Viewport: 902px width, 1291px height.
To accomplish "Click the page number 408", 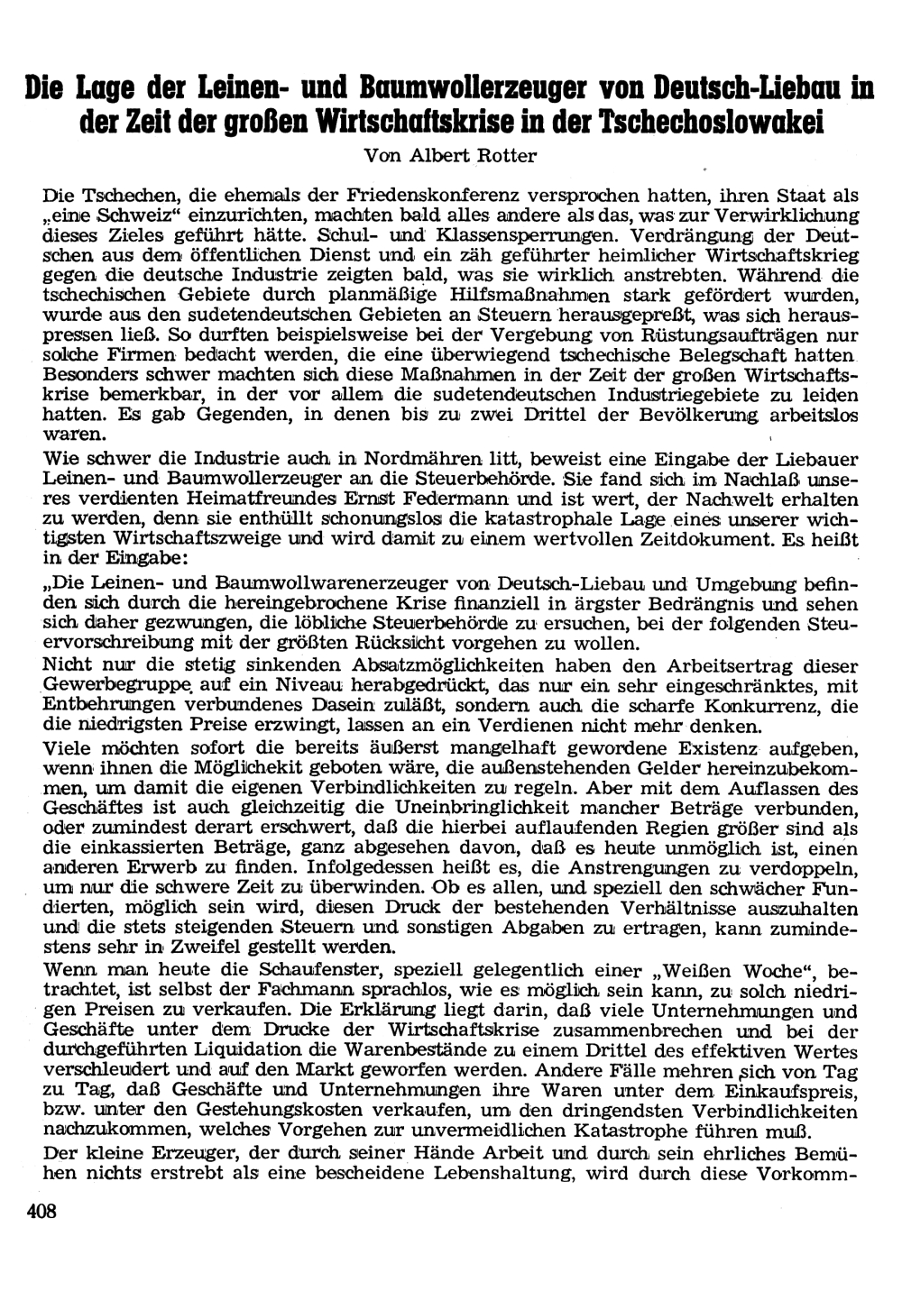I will click(41, 1212).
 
